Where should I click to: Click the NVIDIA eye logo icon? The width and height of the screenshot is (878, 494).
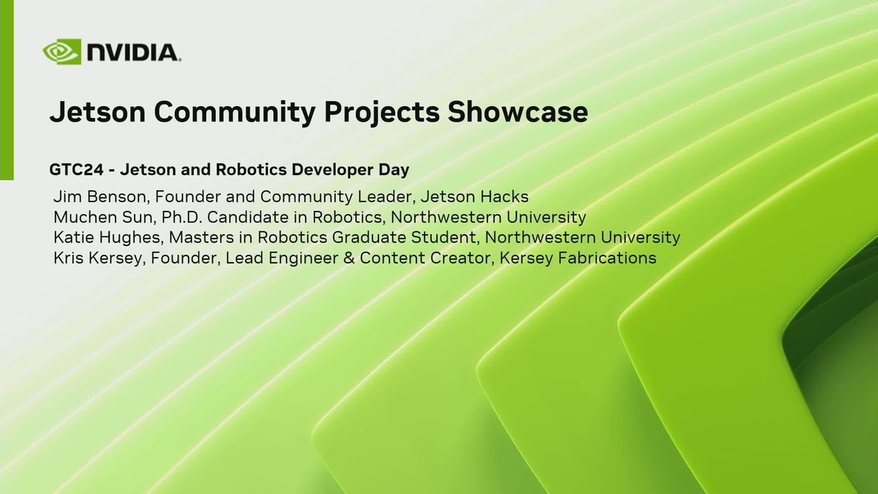click(61, 53)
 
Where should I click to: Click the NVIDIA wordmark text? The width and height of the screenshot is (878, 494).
click(133, 53)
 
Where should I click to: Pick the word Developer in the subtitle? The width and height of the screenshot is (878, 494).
click(331, 170)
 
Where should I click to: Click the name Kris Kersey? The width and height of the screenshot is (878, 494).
click(99, 258)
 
